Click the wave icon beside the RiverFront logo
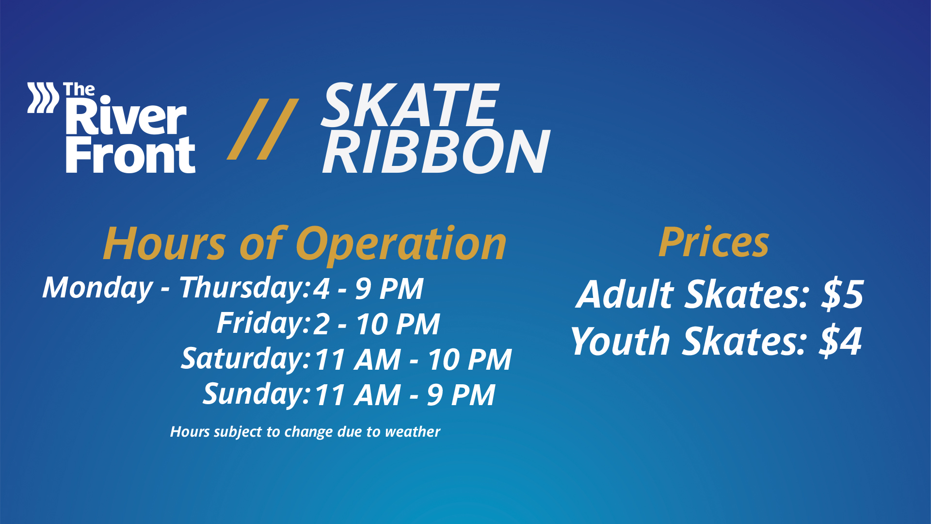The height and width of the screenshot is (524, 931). tap(43, 98)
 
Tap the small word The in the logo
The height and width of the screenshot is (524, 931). tap(79, 90)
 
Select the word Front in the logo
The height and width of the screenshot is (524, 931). tap(130, 154)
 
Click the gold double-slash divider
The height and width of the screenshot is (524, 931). tap(263, 129)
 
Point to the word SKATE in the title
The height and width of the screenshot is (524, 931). tap(410, 105)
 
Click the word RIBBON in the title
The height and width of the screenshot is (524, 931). tap(436, 151)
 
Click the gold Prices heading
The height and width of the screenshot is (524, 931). tap(714, 242)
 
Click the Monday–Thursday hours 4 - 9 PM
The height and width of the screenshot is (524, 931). tap(368, 289)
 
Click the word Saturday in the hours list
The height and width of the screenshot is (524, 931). tap(245, 359)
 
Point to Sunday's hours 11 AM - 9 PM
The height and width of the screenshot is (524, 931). tap(405, 395)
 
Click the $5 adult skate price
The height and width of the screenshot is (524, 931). tap(842, 294)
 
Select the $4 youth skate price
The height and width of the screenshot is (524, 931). tap(841, 341)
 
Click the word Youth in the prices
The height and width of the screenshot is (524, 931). tap(620, 341)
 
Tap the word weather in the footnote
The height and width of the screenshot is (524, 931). tap(413, 432)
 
